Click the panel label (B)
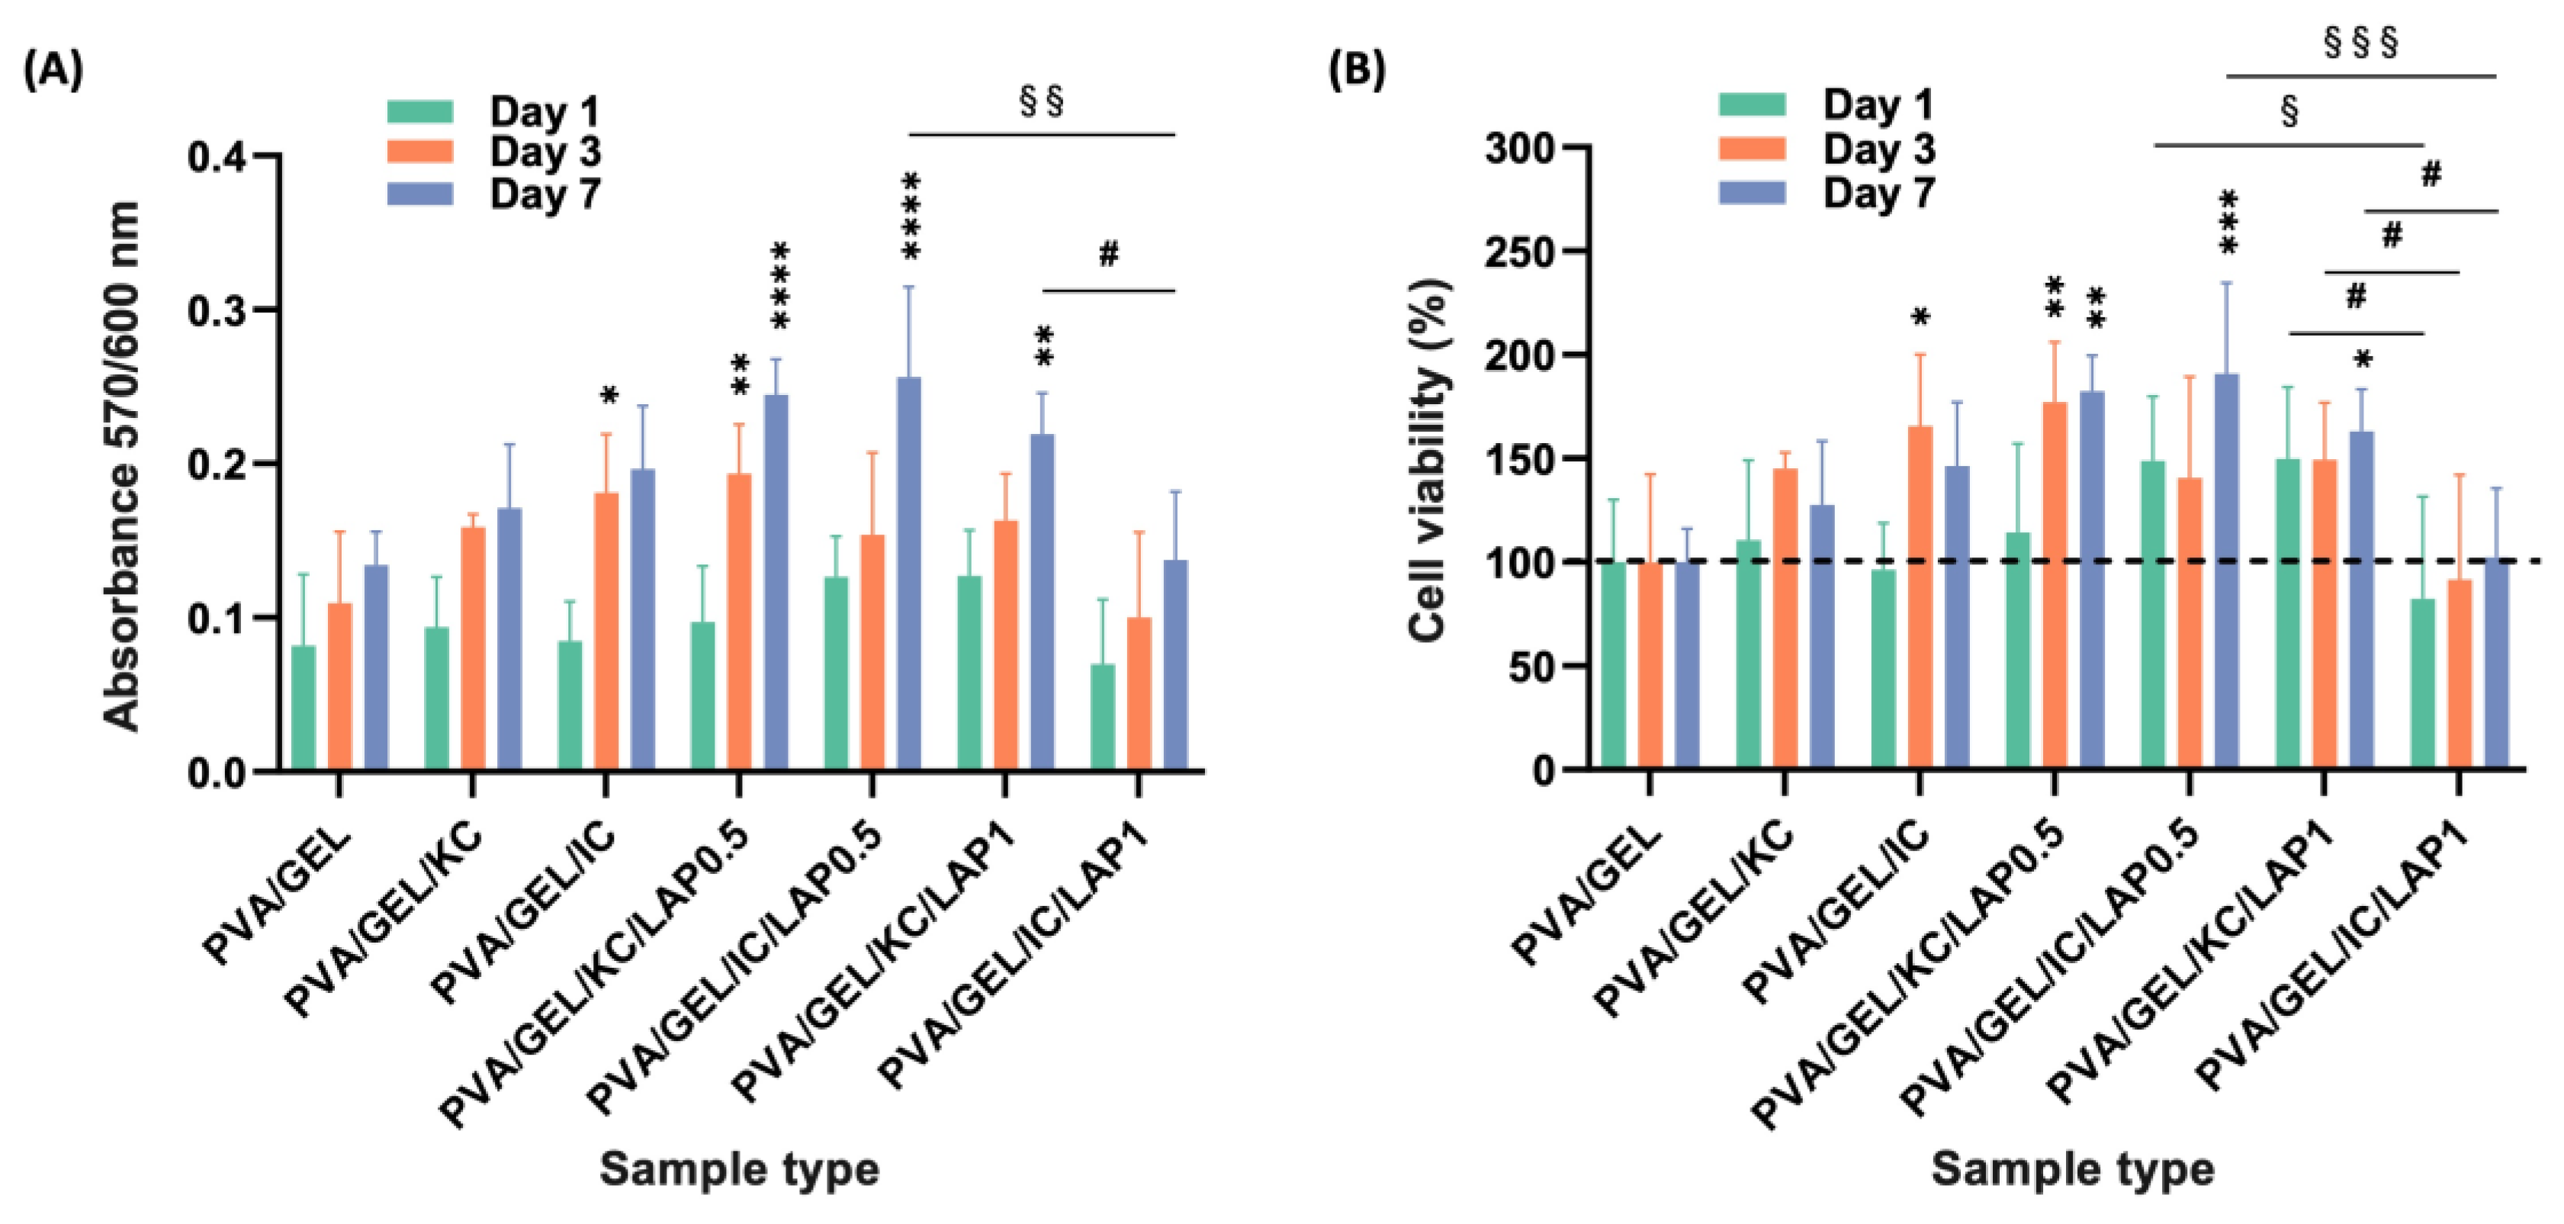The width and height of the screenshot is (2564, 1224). pos(1357,71)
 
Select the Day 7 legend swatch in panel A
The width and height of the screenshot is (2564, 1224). pos(420,194)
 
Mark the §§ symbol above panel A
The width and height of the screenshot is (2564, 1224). pos(1042,102)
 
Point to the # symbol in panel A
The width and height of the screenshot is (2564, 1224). pos(1108,255)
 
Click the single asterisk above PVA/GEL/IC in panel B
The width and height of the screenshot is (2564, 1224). pos(1920,319)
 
